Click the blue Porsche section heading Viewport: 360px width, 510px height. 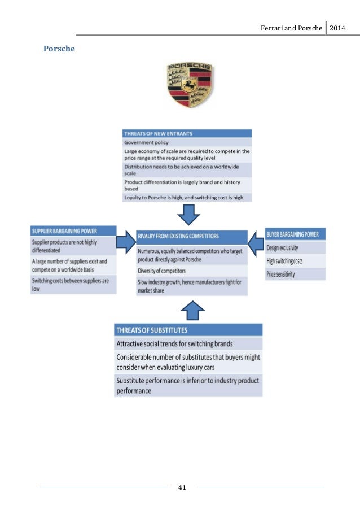click(59, 49)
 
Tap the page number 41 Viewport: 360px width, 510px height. click(182, 486)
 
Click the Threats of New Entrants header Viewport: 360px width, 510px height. click(187, 134)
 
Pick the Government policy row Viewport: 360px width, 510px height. click(187, 143)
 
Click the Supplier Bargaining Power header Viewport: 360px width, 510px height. click(73, 232)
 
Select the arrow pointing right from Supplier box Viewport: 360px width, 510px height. click(125, 242)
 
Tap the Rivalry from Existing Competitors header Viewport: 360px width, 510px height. click(192, 236)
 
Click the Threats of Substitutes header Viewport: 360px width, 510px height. click(188, 330)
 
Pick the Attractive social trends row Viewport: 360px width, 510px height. click(188, 343)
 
